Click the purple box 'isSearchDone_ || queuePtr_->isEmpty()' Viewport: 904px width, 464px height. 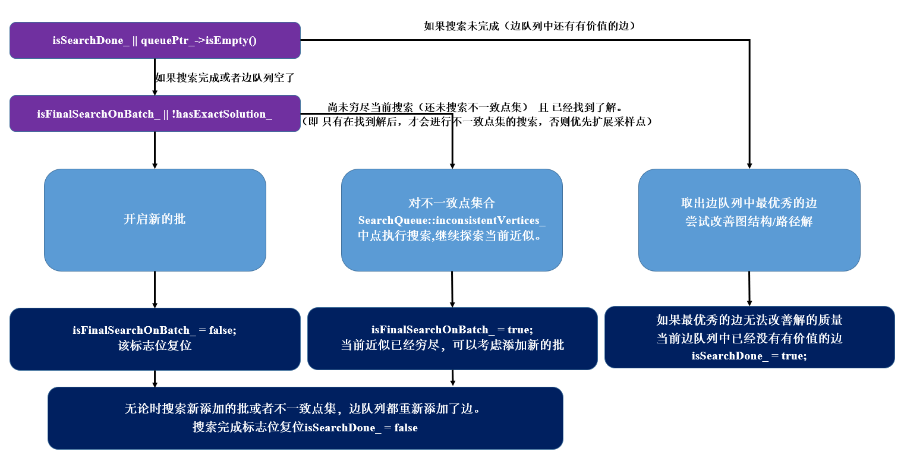tap(155, 40)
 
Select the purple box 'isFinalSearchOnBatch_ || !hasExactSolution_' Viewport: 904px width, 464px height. tap(155, 113)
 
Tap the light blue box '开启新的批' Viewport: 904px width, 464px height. tap(155, 220)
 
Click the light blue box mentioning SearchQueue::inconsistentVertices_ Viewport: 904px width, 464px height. tap(452, 220)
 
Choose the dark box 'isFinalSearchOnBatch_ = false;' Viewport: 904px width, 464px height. tap(155, 339)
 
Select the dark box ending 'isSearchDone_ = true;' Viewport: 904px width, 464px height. tap(749, 337)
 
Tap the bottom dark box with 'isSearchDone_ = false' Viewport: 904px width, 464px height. tap(305, 418)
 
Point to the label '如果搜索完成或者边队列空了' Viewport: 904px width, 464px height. tap(225, 77)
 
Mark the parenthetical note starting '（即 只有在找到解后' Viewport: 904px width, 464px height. tap(479, 121)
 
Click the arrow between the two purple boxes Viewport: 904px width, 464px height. tap(155, 77)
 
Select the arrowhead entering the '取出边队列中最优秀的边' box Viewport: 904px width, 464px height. tap(749, 165)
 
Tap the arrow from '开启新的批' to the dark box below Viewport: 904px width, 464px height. tap(155, 290)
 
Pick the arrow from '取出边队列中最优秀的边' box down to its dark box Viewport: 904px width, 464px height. tap(749, 289)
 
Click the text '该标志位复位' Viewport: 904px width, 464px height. tap(155, 346)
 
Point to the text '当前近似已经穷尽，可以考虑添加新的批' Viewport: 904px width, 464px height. tap(452, 345)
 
